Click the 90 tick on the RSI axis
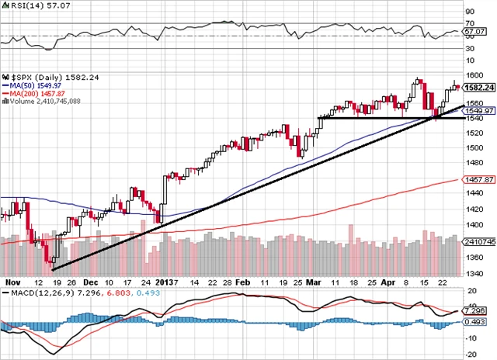471,12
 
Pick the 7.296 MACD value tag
476,310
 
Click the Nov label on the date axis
11,283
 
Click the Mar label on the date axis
313,283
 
